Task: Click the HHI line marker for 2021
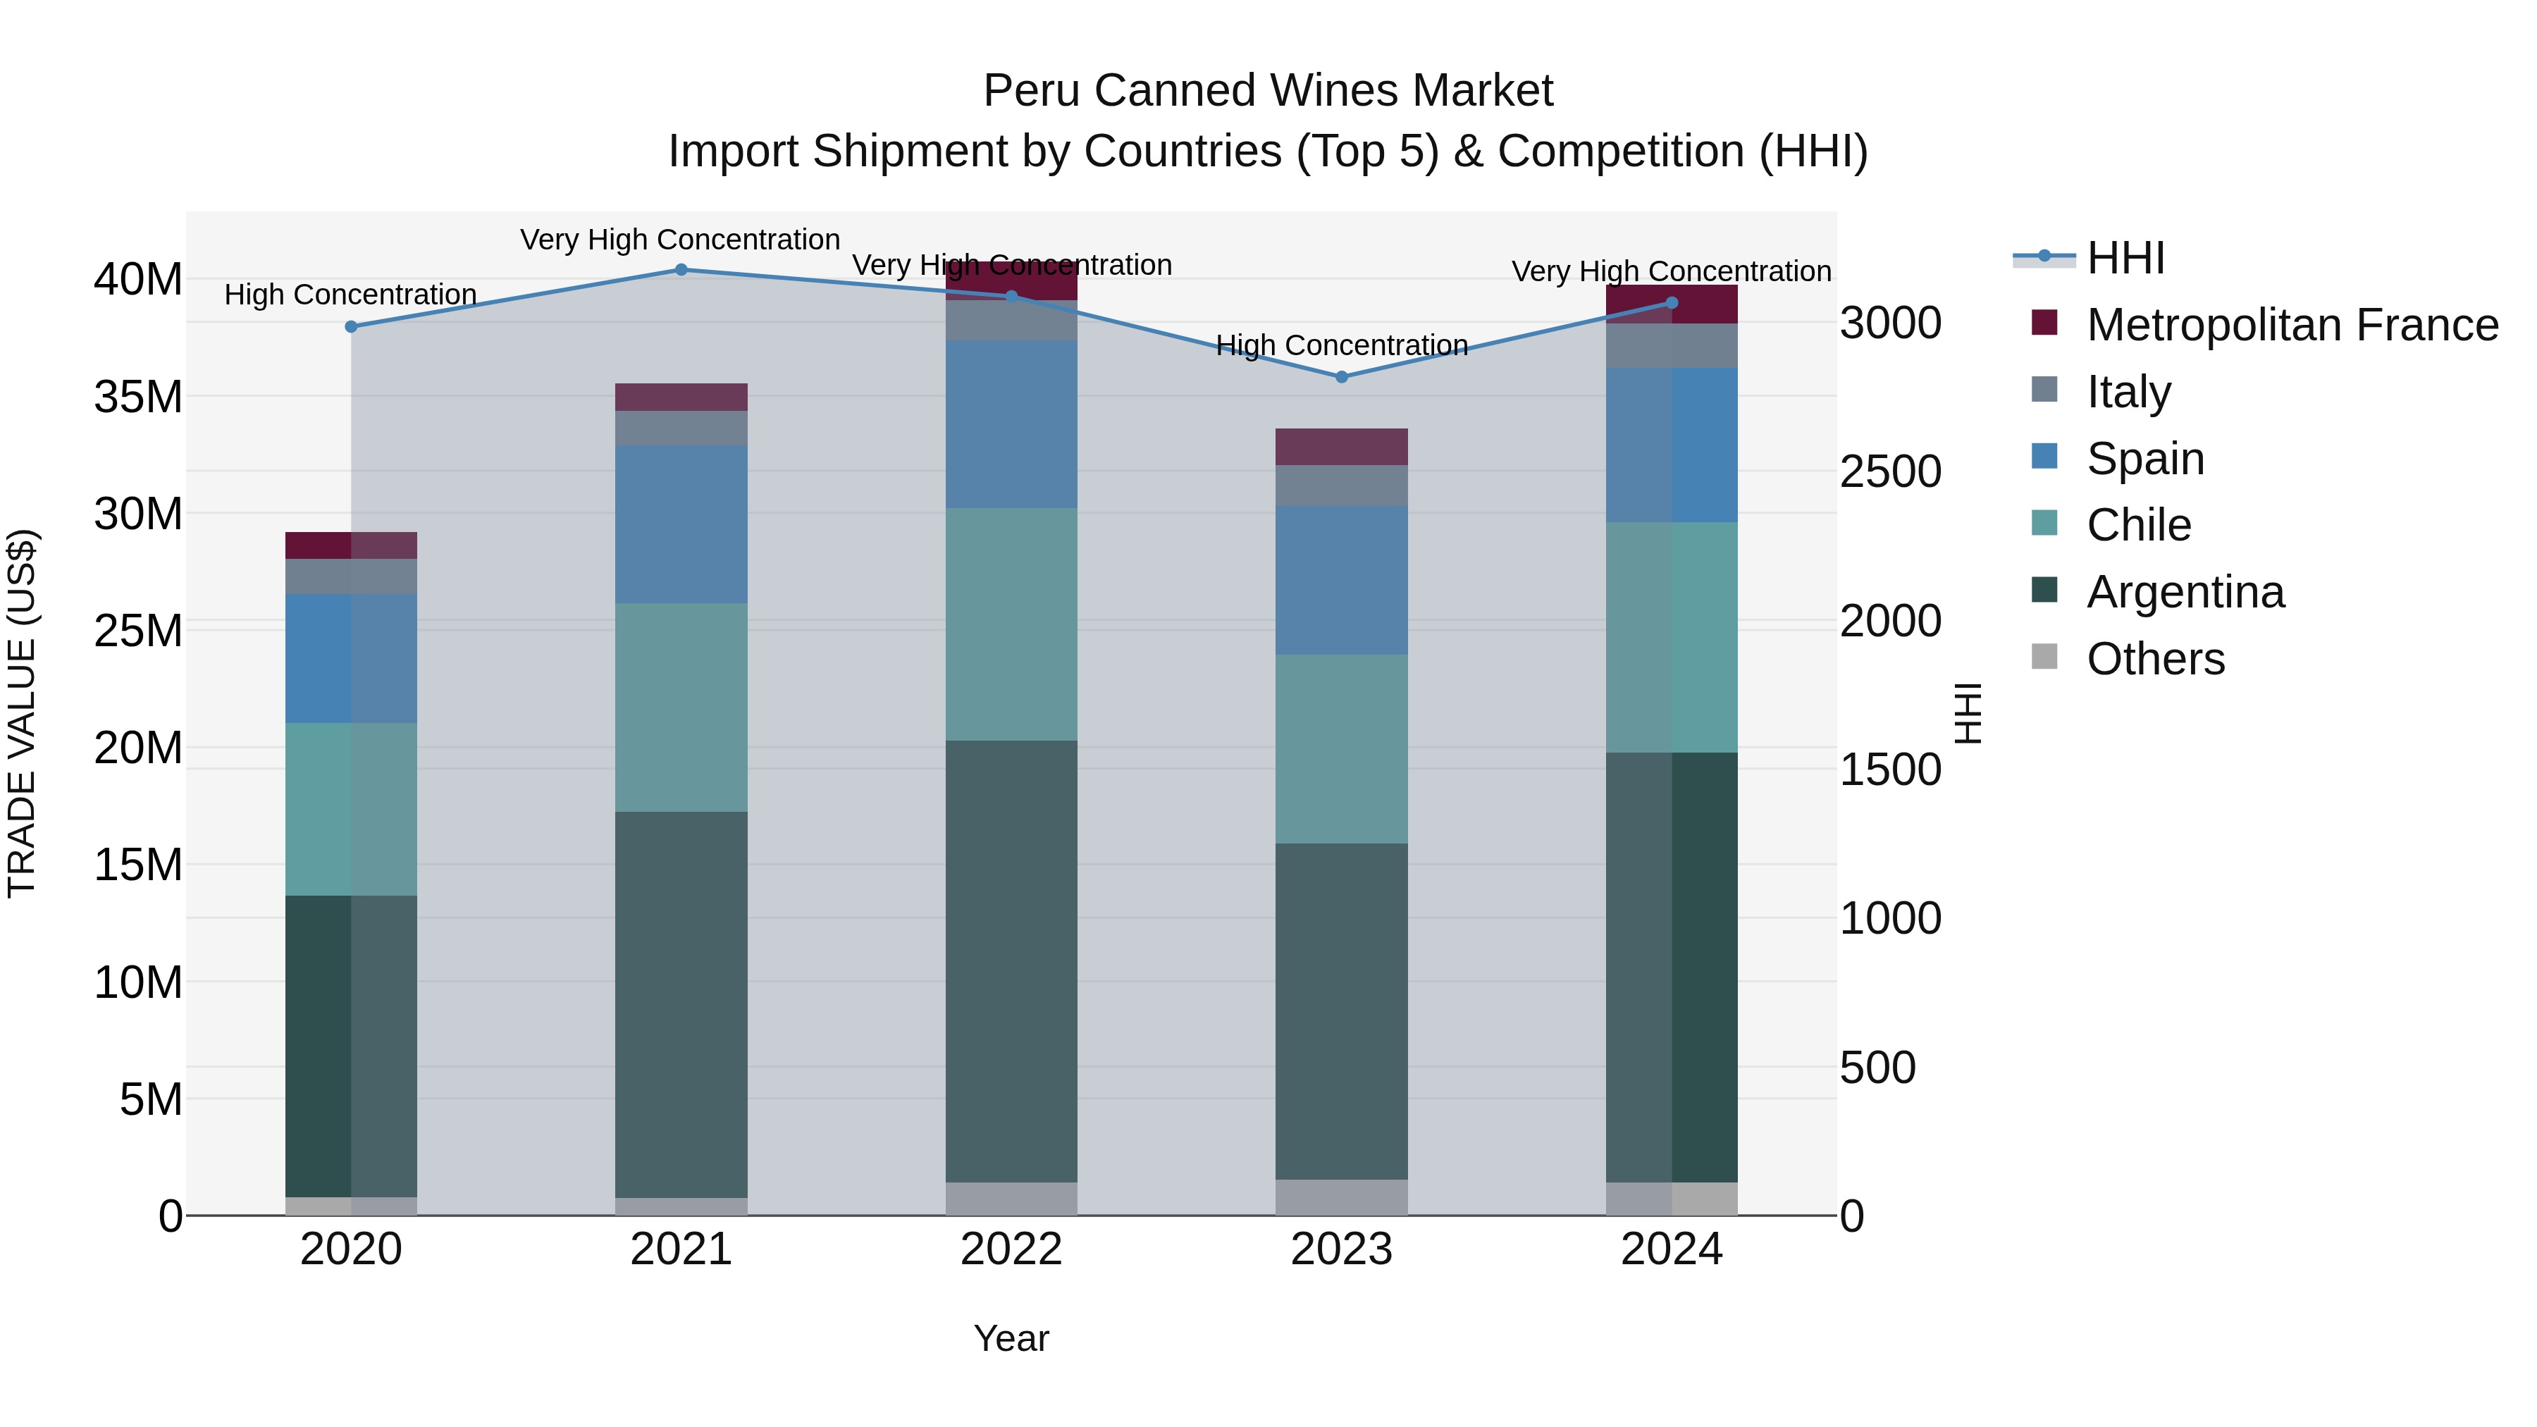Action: (x=681, y=270)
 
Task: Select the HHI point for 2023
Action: (x=1341, y=377)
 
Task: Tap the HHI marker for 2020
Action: (x=351, y=327)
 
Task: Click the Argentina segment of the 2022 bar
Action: (x=1011, y=960)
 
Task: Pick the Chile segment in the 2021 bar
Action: (x=681, y=707)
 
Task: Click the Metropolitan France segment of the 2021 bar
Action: (x=681, y=397)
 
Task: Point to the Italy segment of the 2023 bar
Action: (x=1341, y=486)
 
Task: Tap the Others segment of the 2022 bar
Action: (x=1011, y=1199)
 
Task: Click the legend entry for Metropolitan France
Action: (x=2291, y=325)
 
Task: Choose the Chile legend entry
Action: (x=2138, y=525)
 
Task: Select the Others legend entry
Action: (x=2155, y=659)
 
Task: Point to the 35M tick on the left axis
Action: (x=138, y=397)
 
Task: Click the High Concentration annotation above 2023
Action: (x=1341, y=346)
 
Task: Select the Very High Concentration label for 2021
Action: (x=681, y=240)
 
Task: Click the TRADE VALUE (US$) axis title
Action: (x=22, y=713)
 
